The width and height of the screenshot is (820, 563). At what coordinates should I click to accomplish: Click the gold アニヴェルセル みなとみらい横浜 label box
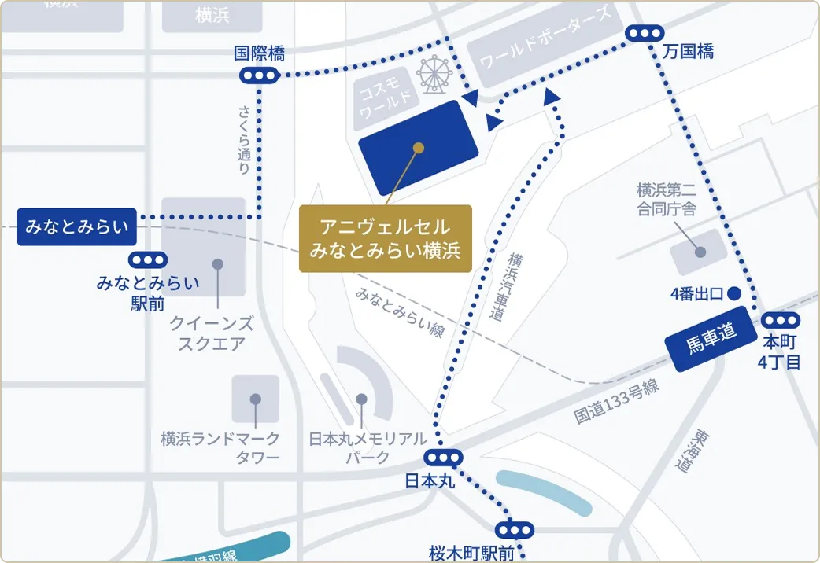click(x=385, y=238)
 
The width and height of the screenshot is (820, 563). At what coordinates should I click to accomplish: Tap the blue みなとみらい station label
click(x=77, y=226)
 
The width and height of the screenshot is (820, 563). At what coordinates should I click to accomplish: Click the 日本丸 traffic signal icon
click(x=443, y=458)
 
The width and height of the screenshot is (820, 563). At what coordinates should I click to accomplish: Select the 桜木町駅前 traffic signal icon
click(x=515, y=530)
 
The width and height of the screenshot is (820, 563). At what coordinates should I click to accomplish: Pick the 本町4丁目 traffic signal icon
click(x=781, y=320)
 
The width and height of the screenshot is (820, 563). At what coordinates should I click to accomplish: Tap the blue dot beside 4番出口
click(x=734, y=294)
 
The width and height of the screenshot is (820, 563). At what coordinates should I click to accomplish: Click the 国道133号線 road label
click(x=616, y=403)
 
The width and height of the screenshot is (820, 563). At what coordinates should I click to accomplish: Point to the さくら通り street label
click(x=244, y=139)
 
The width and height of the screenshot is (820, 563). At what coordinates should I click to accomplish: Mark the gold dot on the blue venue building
click(x=419, y=147)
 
